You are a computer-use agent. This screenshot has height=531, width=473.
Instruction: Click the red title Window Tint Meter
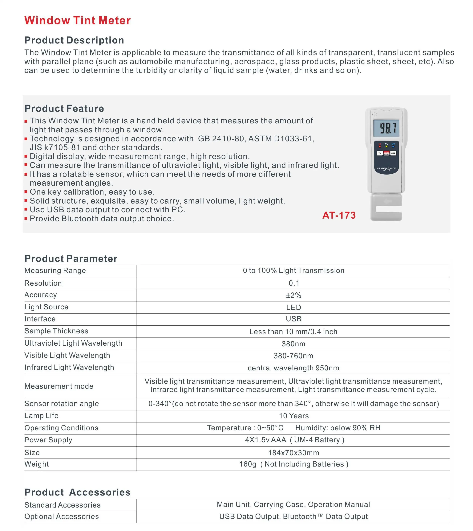77,21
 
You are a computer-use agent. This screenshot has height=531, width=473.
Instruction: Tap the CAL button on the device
393,153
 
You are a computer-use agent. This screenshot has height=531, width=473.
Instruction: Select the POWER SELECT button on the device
386,153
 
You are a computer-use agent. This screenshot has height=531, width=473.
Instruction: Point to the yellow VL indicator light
386,146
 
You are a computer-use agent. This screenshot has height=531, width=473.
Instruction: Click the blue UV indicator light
393,146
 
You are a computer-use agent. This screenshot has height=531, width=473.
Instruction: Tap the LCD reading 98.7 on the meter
386,128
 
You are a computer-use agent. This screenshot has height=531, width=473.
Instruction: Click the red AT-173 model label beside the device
339,215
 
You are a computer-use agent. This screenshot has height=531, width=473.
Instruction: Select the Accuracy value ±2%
293,295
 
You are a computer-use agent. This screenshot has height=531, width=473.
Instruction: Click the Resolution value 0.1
294,283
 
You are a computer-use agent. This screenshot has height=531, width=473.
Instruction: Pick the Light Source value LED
293,307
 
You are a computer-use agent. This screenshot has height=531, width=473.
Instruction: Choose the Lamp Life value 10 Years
294,416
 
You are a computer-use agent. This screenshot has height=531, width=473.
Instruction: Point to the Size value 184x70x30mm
293,453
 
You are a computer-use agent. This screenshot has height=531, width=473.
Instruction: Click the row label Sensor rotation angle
62,404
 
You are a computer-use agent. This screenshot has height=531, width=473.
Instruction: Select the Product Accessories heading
77,492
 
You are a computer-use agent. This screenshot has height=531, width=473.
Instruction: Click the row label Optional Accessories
62,517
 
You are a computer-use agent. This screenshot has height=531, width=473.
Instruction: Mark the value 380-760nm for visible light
293,356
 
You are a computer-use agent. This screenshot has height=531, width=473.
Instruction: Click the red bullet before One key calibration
26,192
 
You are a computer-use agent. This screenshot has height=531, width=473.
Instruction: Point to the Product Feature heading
64,109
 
